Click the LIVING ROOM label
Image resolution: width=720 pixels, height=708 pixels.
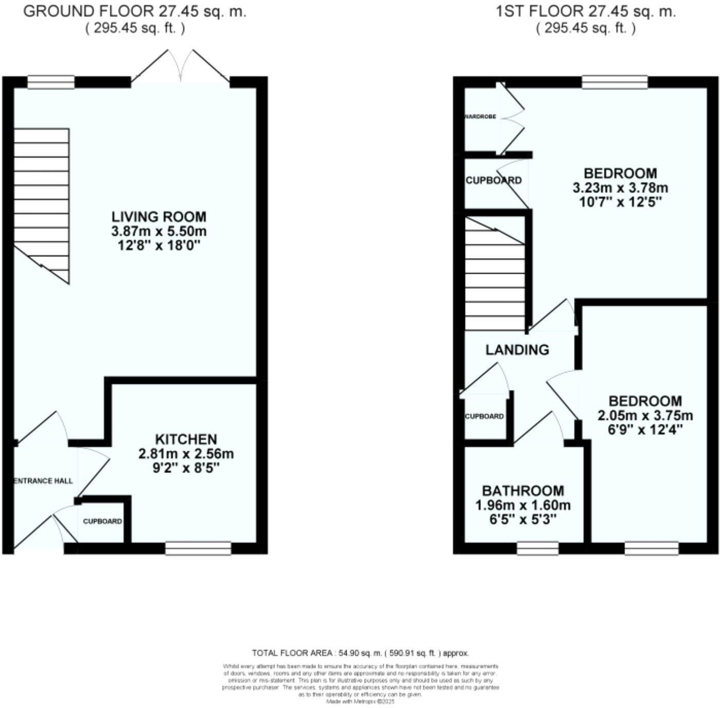click(159, 217)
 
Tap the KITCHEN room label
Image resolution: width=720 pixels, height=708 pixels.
click(186, 439)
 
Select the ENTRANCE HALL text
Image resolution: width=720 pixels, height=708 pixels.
click(43, 481)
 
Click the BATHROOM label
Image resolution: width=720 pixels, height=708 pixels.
click(523, 491)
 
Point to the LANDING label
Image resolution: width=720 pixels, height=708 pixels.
click(517, 350)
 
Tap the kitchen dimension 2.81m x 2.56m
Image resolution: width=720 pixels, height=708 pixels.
click(186, 454)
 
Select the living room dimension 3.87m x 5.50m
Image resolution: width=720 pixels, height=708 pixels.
click(159, 231)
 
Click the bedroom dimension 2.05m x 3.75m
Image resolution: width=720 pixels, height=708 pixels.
click(645, 415)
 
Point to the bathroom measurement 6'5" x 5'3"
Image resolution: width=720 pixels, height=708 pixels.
click(523, 519)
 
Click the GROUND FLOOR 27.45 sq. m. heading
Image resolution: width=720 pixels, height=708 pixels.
click(135, 12)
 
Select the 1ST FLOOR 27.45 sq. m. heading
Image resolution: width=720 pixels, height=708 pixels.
click(586, 12)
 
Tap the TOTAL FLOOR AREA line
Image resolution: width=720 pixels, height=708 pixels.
click(361, 653)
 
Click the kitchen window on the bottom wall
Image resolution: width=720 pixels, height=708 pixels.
click(198, 548)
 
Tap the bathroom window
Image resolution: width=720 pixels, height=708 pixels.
click(537, 548)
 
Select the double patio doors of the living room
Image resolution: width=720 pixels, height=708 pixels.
click(180, 67)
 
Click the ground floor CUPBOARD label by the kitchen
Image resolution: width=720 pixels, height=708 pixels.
click(103, 521)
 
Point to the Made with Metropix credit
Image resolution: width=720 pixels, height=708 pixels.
click(361, 701)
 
